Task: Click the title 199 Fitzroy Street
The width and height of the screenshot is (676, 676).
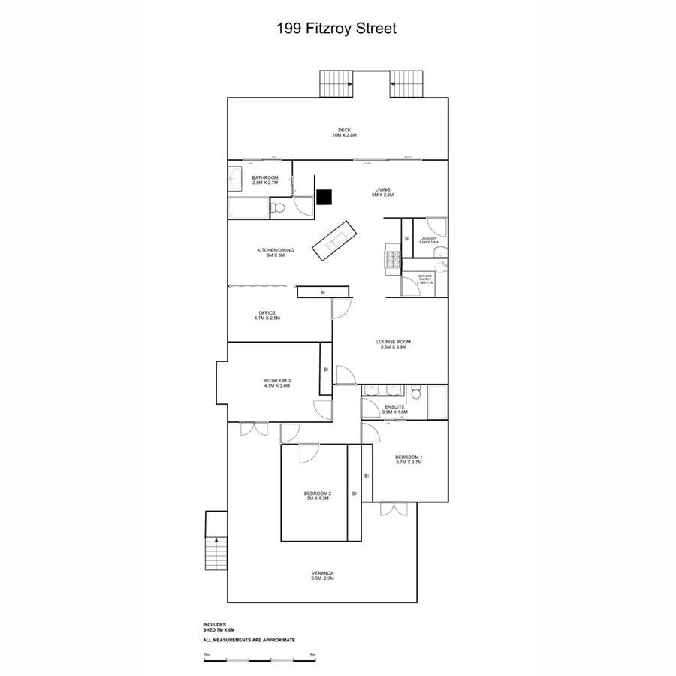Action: click(x=336, y=29)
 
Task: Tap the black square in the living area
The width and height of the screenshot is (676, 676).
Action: click(x=324, y=197)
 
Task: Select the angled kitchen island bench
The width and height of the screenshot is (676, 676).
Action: click(x=332, y=240)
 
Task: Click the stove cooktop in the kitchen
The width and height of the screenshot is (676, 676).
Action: click(x=393, y=259)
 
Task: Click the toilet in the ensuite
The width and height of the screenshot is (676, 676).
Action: click(x=415, y=393)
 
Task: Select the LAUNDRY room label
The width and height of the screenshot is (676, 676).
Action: click(x=429, y=240)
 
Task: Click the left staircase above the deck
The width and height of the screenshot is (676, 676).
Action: click(x=336, y=83)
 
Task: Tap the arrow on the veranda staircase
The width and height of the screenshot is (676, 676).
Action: click(x=216, y=539)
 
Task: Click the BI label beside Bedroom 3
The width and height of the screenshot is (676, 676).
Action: click(x=326, y=370)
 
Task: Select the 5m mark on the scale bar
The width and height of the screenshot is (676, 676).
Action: click(x=312, y=655)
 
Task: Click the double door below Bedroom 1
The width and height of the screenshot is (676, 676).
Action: click(x=393, y=509)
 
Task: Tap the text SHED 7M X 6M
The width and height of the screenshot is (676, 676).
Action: click(x=219, y=629)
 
